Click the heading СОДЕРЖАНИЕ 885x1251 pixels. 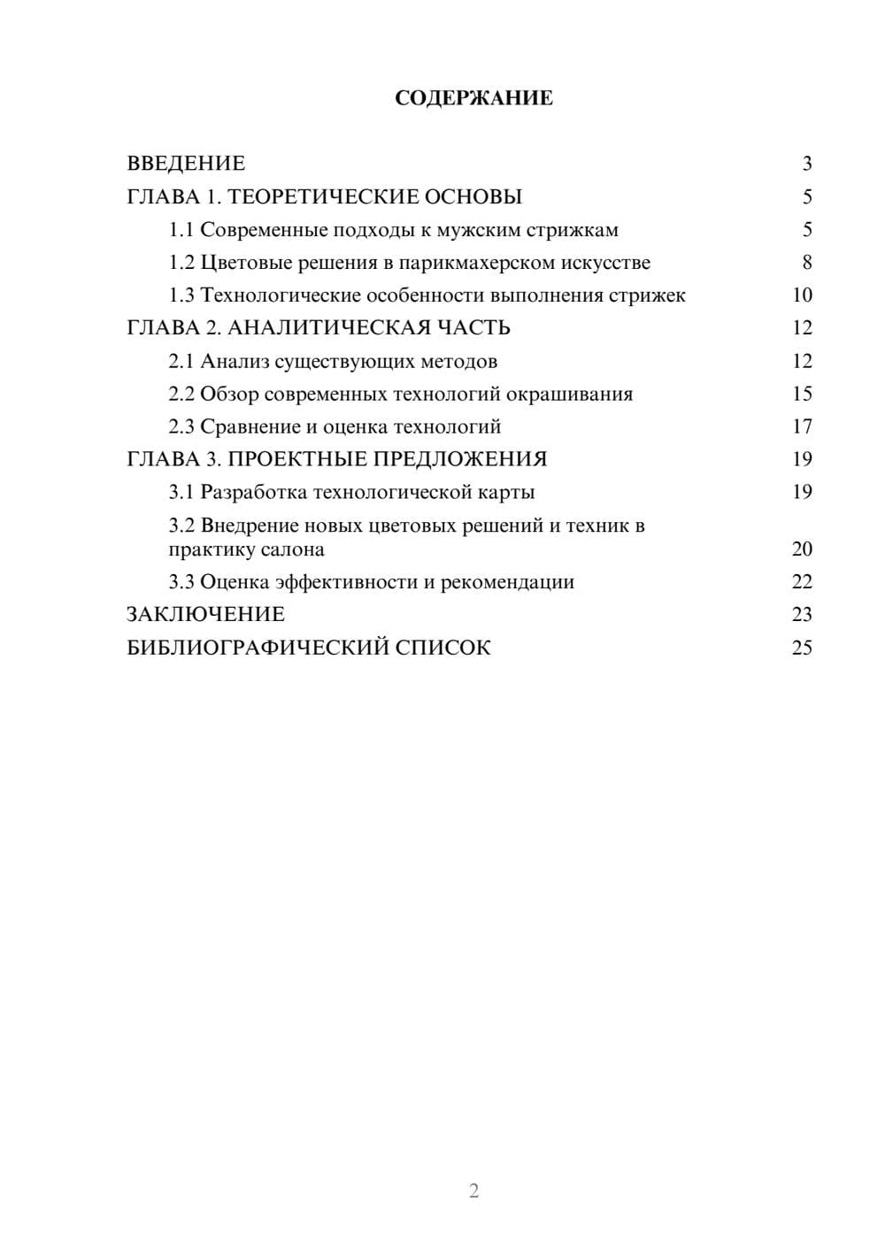tap(473, 98)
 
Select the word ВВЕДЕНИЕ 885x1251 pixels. tap(186, 164)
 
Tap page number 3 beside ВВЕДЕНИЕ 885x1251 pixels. tap(806, 164)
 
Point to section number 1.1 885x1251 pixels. tap(181, 230)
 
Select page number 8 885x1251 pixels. tap(806, 263)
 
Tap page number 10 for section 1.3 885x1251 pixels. tap(802, 295)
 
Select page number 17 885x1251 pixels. tap(802, 426)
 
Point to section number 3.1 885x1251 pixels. tap(181, 492)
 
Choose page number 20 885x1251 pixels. tap(802, 549)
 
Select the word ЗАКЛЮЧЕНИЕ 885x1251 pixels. tap(205, 615)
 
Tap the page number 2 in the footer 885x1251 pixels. tap(473, 1191)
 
